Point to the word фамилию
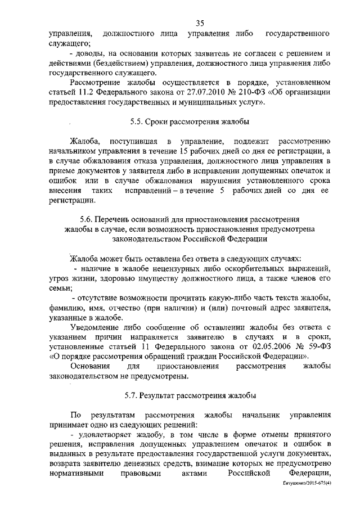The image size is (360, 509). (x=67, y=308)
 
